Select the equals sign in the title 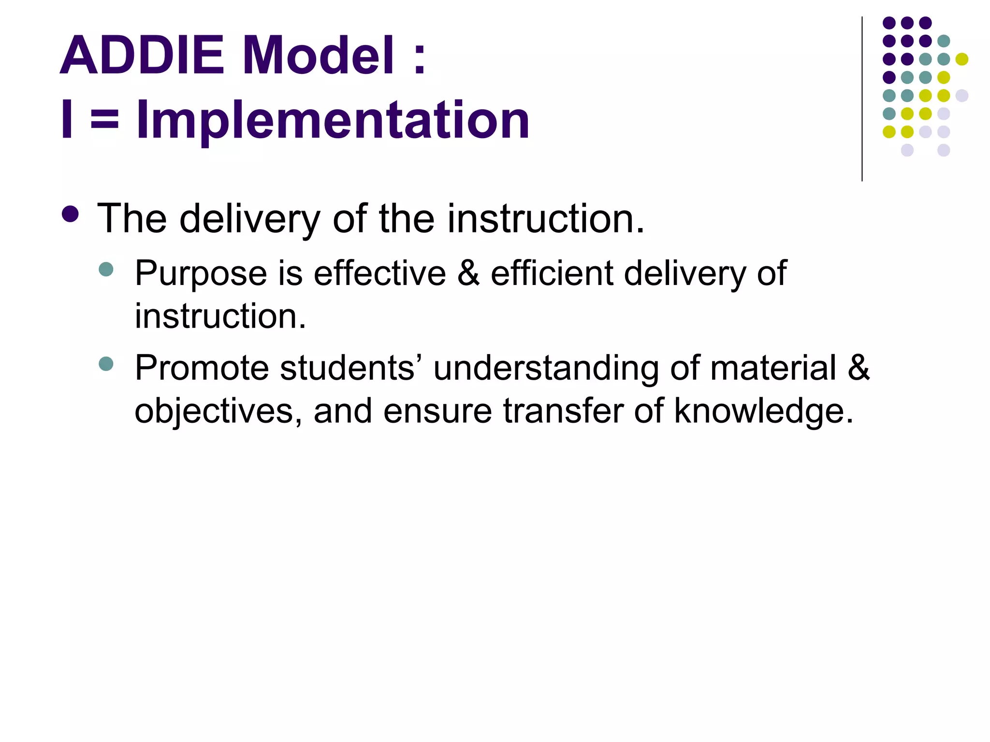pos(104,121)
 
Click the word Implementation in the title pos(333,121)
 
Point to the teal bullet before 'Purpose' pos(105,269)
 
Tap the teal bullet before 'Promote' pos(105,364)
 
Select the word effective pos(379,273)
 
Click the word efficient pos(552,273)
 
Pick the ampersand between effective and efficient pos(468,273)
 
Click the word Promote pos(202,368)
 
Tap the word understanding pos(546,368)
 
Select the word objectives pos(213,411)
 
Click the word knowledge pos(764,411)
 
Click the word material pos(773,368)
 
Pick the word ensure pos(437,411)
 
